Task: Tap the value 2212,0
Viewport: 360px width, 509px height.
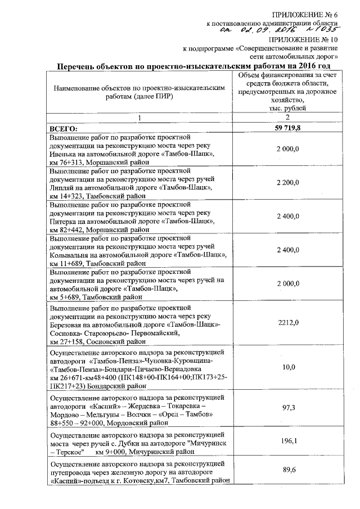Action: coord(287,323)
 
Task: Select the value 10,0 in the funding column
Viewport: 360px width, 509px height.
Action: coord(287,367)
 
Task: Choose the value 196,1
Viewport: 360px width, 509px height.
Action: coord(287,442)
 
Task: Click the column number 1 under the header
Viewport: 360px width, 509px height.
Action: coord(140,118)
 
